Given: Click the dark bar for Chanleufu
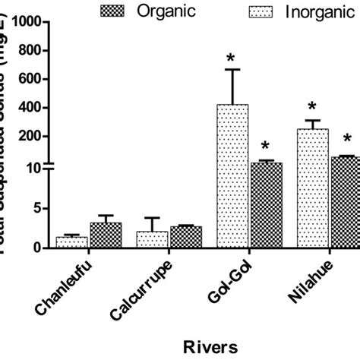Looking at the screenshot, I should coord(106,235).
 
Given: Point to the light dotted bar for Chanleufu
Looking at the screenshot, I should coord(71,242).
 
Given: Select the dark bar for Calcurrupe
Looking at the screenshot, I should coord(185,237).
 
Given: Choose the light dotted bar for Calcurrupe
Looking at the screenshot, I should coord(153,239).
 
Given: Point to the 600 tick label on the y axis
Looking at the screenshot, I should coord(36,79).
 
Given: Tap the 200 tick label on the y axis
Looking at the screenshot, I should coord(36,136).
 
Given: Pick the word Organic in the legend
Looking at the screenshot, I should coord(165,10).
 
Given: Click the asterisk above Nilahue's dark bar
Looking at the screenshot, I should coord(347,139).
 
